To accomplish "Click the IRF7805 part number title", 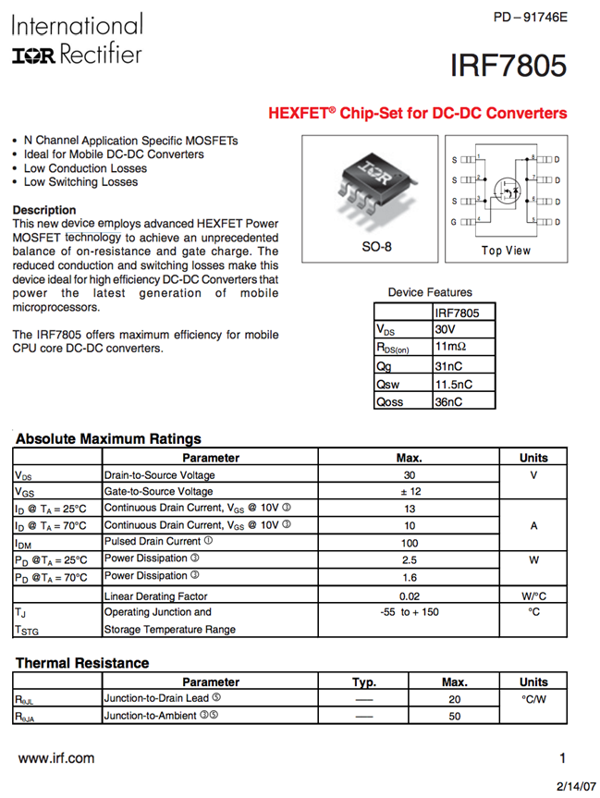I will coord(508,68).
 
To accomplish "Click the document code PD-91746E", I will coord(530,18).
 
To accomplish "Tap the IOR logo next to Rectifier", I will coord(34,57).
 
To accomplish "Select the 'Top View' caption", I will coord(506,251).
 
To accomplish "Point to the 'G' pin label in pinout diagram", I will coord(454,222).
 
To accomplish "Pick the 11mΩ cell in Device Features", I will coord(451,348).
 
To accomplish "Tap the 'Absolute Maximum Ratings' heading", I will coord(108,438).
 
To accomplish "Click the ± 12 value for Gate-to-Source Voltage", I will coord(409,491).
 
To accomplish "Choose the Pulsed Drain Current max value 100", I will coord(409,543).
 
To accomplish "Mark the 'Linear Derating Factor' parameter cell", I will coord(155,596).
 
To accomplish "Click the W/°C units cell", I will coord(533,596).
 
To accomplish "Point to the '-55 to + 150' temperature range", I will coord(409,612).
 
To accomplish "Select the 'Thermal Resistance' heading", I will coord(82,663).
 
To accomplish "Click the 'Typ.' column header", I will coord(364,682).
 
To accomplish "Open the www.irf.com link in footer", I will coord(56,758).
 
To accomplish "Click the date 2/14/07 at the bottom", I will coord(576,785).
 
